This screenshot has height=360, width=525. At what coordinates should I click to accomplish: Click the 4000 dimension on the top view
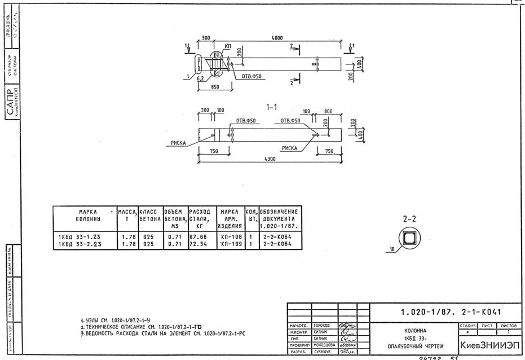(277, 38)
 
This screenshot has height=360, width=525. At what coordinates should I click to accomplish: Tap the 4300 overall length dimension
(273, 159)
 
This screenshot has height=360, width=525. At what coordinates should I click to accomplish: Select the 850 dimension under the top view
(215, 87)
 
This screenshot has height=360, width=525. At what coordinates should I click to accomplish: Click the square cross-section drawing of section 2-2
(409, 238)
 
